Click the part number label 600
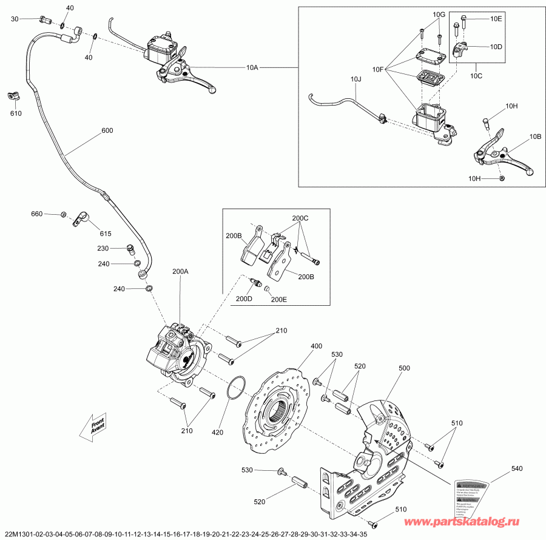coord(107,130)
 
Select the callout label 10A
coord(252,67)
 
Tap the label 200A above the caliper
coord(181,272)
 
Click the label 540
coord(516,468)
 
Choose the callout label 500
coord(404,368)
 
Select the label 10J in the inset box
coord(356,78)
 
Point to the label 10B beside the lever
coord(535,137)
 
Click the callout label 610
coord(15,113)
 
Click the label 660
coord(38,214)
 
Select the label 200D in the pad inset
coord(244,299)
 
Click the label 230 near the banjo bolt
coord(102,249)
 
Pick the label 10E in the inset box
coord(497,19)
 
